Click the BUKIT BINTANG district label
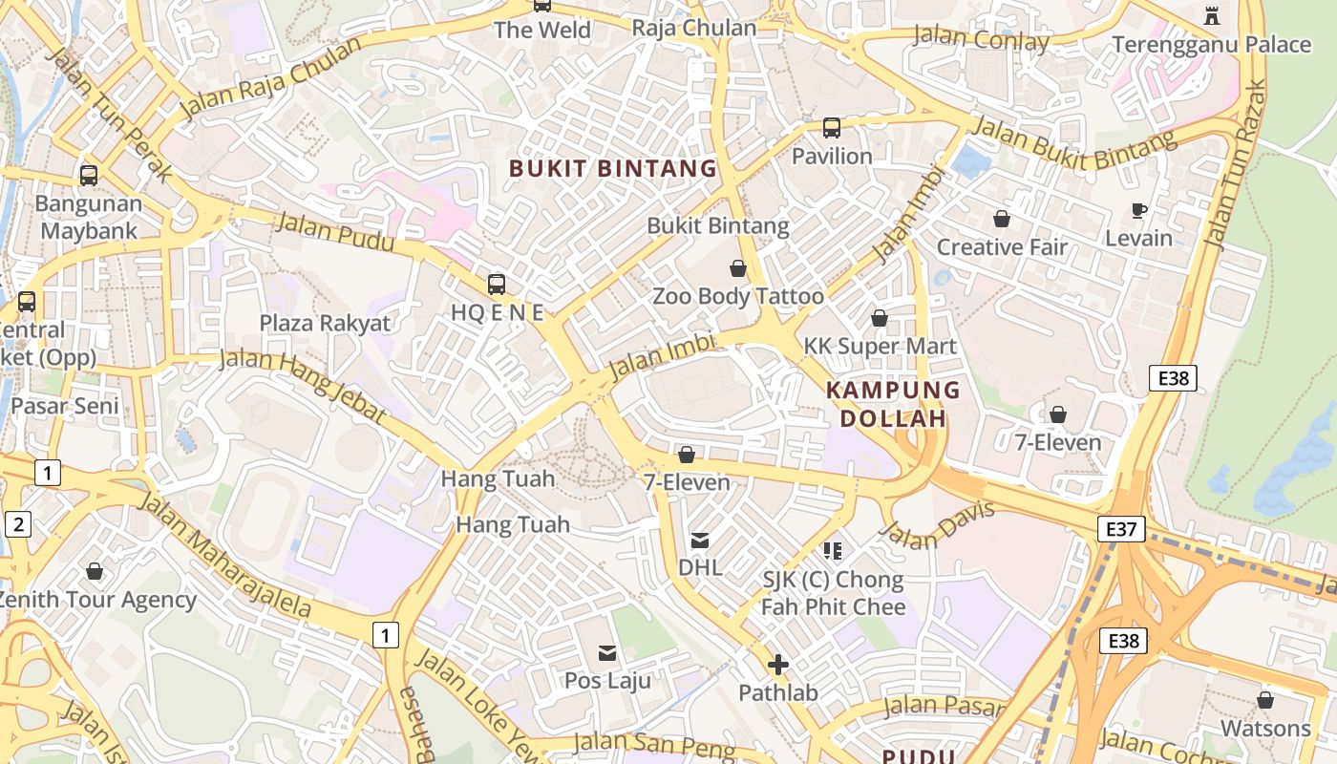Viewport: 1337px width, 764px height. coord(612,169)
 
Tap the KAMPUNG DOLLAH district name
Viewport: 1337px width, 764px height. coord(893,404)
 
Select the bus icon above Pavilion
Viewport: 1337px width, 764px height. coord(831,127)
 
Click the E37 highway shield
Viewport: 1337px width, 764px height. coord(1120,529)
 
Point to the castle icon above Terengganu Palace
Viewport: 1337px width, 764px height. coord(1212,15)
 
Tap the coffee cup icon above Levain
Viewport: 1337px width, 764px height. coord(1138,210)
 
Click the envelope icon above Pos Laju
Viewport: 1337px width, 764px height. coord(607,653)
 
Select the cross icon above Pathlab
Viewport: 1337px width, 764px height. coord(778,664)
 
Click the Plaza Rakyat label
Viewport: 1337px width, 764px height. coord(325,323)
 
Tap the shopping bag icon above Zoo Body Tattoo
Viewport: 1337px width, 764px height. coord(737,268)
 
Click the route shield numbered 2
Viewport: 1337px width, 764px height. coord(18,523)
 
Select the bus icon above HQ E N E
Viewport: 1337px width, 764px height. coord(496,284)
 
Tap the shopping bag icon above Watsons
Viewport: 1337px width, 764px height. coord(1265,700)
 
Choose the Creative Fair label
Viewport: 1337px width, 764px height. coord(1002,247)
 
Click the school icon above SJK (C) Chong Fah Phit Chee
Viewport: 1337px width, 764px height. coord(833,550)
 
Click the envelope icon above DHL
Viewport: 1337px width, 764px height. coord(700,541)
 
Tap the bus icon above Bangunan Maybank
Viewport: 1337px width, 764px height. coord(89,176)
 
